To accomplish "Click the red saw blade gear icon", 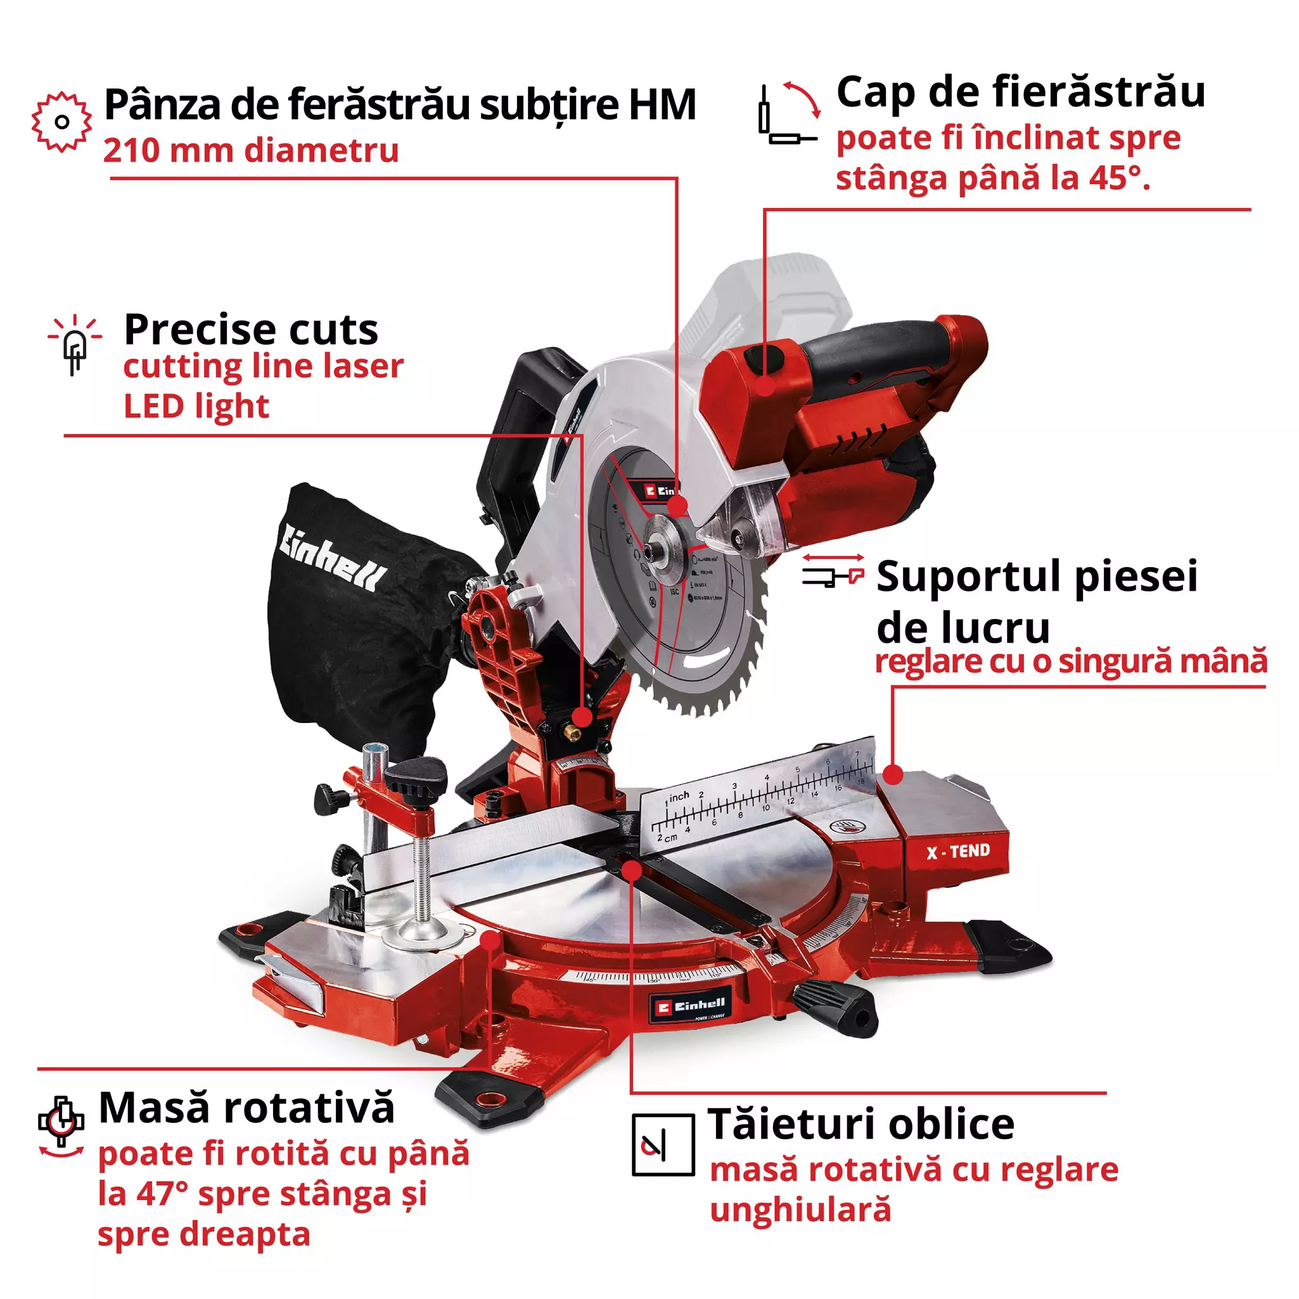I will (x=61, y=122).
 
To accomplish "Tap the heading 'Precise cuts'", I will (x=251, y=330).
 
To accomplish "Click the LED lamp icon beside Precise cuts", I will (x=75, y=344).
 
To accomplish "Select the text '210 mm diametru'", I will (x=251, y=150).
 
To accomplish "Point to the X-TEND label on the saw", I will (x=957, y=852).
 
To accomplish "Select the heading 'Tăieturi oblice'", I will (x=861, y=1125).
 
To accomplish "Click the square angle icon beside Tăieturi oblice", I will (x=662, y=1145).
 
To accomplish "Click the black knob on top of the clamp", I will (x=416, y=777).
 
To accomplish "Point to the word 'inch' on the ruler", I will (x=679, y=797).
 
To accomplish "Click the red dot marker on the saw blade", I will (x=678, y=506).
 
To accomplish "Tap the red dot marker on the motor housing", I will (x=764, y=386).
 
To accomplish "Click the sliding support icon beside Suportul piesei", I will (x=833, y=570).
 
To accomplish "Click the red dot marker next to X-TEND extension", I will (x=892, y=774).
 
